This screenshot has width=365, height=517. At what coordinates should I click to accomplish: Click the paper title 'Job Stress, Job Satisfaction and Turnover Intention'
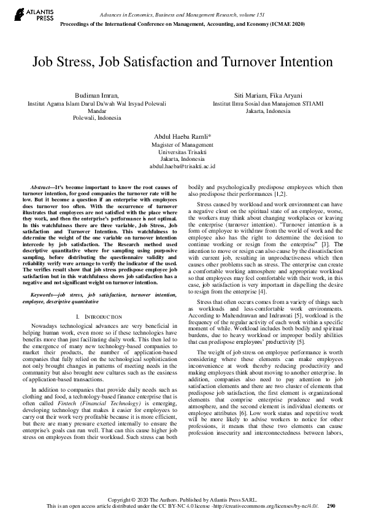point(182,62)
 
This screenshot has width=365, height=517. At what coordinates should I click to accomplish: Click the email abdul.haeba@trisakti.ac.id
point(182,166)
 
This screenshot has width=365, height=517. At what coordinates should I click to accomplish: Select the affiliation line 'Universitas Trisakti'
point(182,151)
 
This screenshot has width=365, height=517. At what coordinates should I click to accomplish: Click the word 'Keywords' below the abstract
point(44,295)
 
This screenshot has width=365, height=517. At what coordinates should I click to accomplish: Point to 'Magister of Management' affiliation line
point(182,144)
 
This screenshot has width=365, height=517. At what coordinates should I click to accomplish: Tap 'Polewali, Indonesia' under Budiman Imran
point(97,118)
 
